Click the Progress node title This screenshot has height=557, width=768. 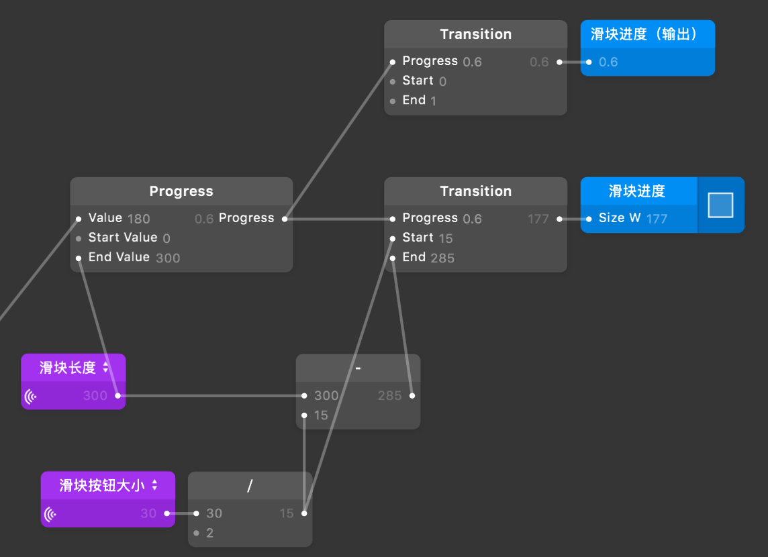pyautogui.click(x=181, y=191)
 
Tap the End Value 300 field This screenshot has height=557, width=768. pyautogui.click(x=134, y=258)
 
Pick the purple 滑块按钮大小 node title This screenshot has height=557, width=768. pyautogui.click(x=101, y=485)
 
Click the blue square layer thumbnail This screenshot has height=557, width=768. pyautogui.click(x=720, y=205)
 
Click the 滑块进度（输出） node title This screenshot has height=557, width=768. pyautogui.click(x=643, y=34)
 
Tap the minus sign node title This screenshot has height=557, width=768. pyautogui.click(x=358, y=368)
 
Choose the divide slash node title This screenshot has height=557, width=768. pyautogui.click(x=250, y=486)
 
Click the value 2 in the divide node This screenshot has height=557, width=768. pyautogui.click(x=209, y=534)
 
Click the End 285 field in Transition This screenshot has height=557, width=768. pyautogui.click(x=428, y=258)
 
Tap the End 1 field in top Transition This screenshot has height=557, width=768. pyautogui.click(x=420, y=101)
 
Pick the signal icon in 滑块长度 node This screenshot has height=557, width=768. pyautogui.click(x=31, y=396)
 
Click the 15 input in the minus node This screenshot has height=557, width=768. pyautogui.click(x=321, y=415)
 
